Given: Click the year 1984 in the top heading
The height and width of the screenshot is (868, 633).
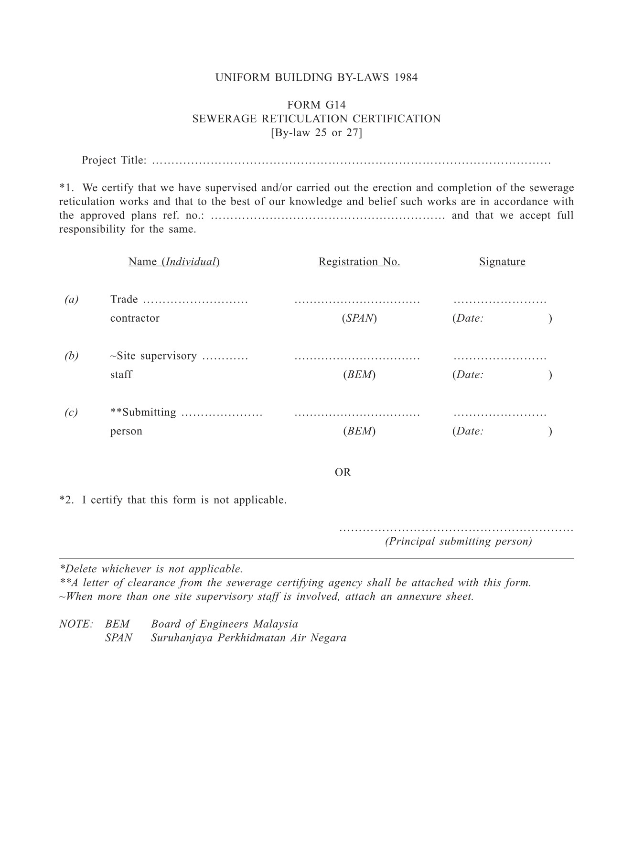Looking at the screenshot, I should [x=406, y=77].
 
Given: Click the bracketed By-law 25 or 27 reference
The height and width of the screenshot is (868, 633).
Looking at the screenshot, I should [x=316, y=132].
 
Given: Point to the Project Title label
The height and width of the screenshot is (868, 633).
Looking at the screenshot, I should [x=114, y=160].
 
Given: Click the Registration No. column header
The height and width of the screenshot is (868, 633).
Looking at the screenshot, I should [x=359, y=261].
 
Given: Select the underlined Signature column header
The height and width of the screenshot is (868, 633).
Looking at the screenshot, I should [x=502, y=261].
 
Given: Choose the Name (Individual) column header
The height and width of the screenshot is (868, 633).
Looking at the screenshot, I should [x=174, y=261].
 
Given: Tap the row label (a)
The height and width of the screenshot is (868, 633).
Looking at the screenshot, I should [x=72, y=300].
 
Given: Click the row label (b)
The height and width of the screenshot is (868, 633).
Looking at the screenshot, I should [x=72, y=356].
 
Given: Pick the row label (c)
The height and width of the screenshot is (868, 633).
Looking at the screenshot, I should [x=72, y=412].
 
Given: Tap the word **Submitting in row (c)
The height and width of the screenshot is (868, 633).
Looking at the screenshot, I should [x=143, y=412].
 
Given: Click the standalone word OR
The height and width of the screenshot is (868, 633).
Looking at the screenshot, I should [x=343, y=472].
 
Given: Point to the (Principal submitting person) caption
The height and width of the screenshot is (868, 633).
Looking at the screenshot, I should [x=458, y=542].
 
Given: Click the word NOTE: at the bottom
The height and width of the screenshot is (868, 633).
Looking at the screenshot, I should [x=75, y=624].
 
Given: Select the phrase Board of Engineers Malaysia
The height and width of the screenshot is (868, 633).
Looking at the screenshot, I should [x=224, y=624].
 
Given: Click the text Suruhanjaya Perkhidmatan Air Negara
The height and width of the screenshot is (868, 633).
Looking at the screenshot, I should [x=248, y=638].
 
